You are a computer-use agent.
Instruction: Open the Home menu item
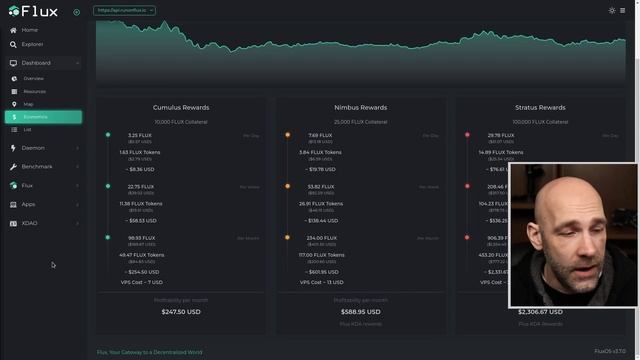click(29, 30)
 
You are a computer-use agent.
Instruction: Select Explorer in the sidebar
click(32, 44)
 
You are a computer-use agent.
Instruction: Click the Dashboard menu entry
click(36, 63)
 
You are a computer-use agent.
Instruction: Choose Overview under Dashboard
click(34, 78)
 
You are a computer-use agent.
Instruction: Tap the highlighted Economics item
click(35, 117)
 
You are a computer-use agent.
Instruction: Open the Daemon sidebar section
click(33, 148)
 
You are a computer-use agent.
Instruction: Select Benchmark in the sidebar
click(37, 166)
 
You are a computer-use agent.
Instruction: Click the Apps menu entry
click(28, 204)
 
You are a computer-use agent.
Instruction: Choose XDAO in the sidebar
click(29, 223)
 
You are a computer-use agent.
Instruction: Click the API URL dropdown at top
click(124, 10)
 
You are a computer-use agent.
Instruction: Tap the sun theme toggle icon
click(612, 10)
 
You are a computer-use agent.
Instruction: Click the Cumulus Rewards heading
click(181, 107)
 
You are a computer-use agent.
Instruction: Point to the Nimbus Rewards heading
click(360, 107)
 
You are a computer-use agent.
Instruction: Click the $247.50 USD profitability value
click(181, 311)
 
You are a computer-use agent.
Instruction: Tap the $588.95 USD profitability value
click(360, 311)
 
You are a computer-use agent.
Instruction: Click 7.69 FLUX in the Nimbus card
click(320, 135)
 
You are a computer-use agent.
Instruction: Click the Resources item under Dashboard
click(35, 91)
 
